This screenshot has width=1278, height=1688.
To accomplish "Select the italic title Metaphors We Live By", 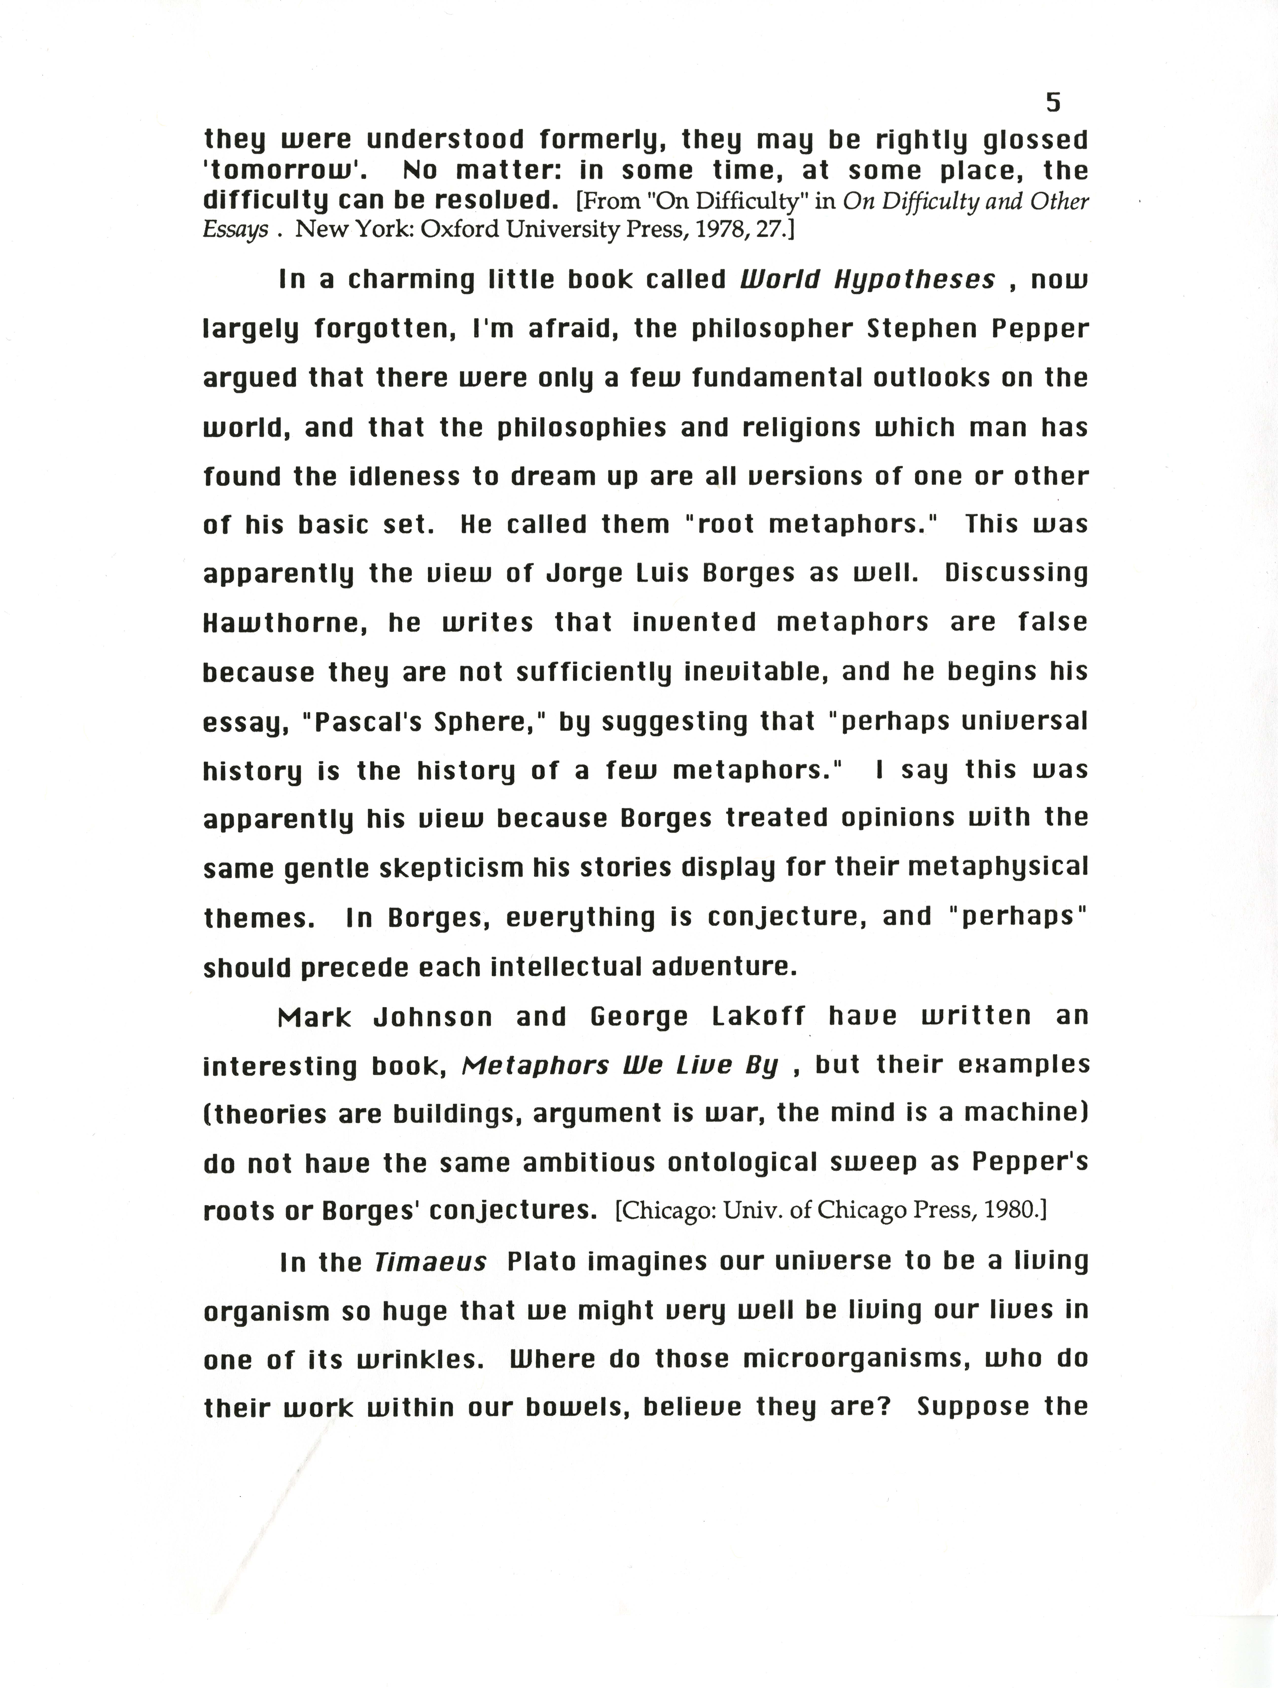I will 620,1065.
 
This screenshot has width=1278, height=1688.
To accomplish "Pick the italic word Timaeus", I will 430,1262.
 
